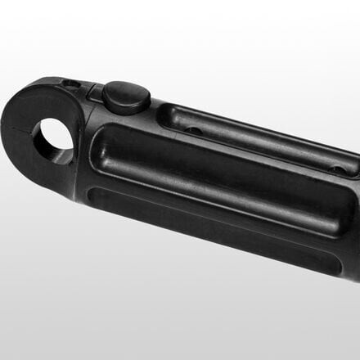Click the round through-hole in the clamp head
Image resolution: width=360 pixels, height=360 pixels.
click(53, 139)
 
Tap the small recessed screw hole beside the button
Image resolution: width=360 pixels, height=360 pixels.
click(72, 83)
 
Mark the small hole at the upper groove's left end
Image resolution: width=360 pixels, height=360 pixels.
click(190, 128)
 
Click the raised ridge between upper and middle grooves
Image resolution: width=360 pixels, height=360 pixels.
click(245, 155)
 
